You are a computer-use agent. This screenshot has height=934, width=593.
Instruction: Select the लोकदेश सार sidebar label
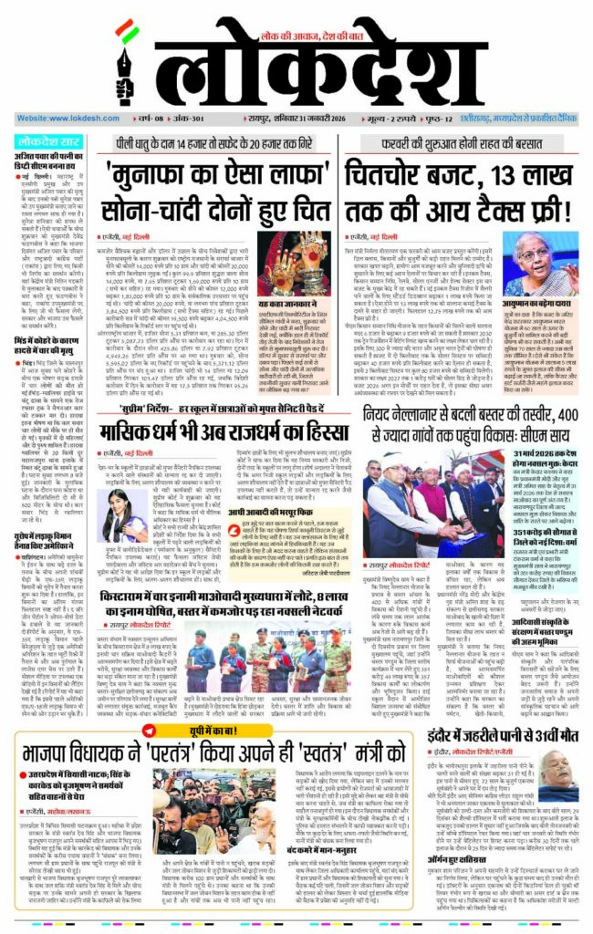(47, 143)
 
